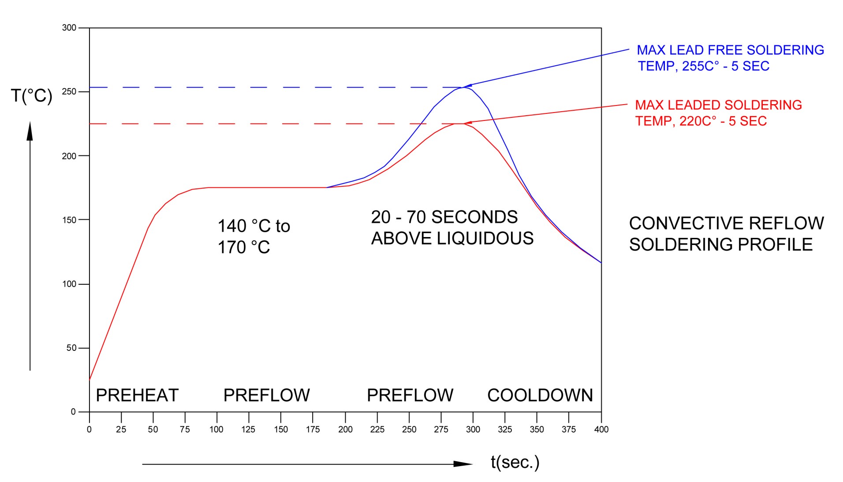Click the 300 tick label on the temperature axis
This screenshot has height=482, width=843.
coord(69,28)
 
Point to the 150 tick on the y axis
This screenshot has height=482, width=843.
coord(69,220)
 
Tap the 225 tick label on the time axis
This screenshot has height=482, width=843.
coord(377,429)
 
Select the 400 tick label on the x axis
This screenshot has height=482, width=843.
coord(601,429)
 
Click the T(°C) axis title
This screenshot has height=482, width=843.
coord(32,96)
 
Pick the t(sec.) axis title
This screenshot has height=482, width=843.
coord(515,462)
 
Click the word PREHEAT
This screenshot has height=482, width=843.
coord(137,395)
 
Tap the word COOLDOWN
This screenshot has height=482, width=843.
coord(540,395)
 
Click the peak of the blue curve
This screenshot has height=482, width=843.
coord(463,87)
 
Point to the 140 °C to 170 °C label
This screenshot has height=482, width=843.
coord(254,237)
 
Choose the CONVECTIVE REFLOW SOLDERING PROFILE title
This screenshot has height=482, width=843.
coord(726,234)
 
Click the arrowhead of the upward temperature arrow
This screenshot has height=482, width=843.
coord(30,130)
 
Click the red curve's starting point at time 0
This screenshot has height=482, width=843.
coord(90,379)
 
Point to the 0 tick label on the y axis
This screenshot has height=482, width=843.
coord(73,412)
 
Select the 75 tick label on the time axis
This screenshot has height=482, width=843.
coord(185,429)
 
